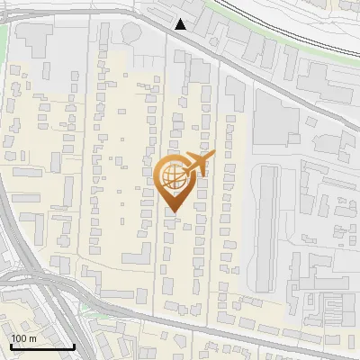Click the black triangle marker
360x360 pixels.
[x=182, y=24]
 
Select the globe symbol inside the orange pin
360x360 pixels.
[x=172, y=177]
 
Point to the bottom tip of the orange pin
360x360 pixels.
[x=172, y=212]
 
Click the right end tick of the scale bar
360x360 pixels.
[x=74, y=346]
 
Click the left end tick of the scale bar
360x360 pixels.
[x=10, y=346]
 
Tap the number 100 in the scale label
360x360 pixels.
[x=19, y=338]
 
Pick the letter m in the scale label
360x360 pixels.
[x=32, y=338]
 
